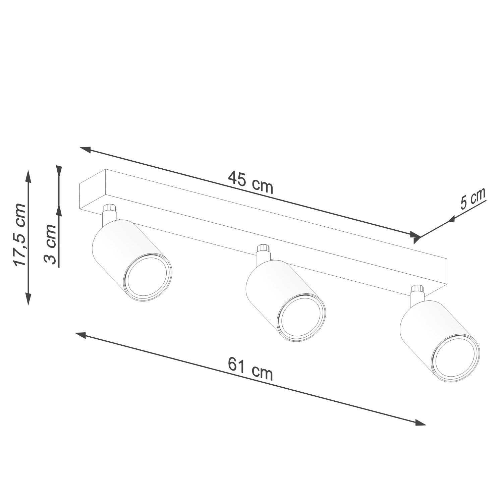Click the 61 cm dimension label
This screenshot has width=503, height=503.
[250, 369]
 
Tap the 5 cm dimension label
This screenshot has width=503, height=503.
[473, 200]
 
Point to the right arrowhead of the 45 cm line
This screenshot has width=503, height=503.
[415, 236]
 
